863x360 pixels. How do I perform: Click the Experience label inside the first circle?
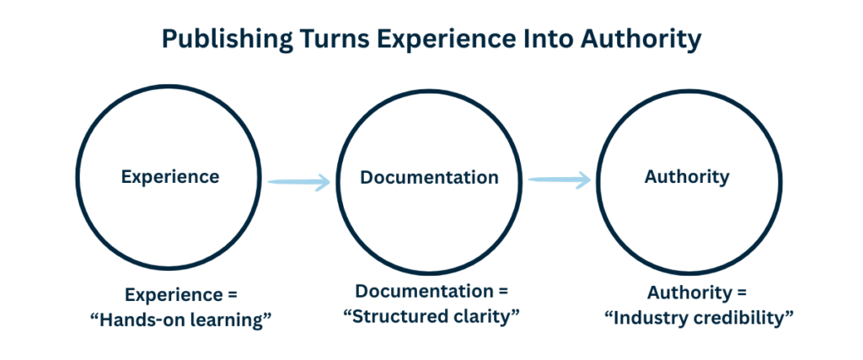coord(170,177)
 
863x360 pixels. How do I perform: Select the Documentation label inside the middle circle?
coord(430,178)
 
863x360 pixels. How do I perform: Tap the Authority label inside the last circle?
coord(687,177)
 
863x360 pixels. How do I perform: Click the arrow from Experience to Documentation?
coord(298,180)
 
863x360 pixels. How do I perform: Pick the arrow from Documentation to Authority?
coord(559,179)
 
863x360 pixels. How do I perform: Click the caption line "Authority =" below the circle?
coord(696,294)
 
